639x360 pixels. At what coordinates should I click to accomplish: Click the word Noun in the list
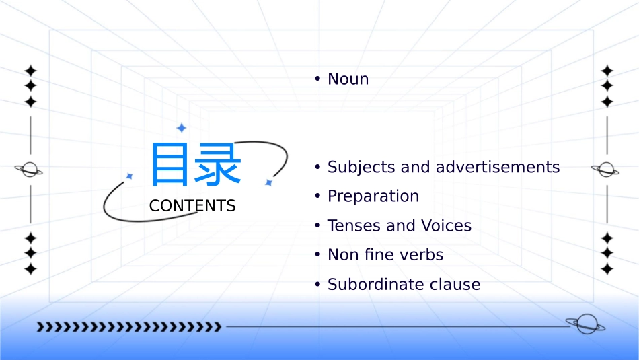click(x=348, y=79)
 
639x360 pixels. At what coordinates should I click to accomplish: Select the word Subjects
click(x=361, y=167)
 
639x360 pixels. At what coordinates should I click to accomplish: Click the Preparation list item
click(x=373, y=196)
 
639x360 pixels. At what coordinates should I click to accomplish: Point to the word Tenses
click(x=354, y=226)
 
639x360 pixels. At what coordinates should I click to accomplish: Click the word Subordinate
click(x=372, y=285)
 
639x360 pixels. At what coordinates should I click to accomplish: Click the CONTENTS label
click(x=192, y=206)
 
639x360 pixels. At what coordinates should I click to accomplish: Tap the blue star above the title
click(x=181, y=128)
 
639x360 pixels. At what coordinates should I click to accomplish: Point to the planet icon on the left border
click(x=29, y=170)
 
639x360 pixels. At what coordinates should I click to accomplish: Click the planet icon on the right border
click(x=605, y=170)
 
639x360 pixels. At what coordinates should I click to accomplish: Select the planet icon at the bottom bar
click(x=585, y=324)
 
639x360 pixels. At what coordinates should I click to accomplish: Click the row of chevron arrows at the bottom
click(x=128, y=328)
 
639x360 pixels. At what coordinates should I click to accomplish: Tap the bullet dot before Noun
click(x=317, y=79)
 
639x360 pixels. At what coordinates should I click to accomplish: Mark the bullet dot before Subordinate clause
click(x=317, y=285)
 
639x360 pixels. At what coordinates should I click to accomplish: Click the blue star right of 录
click(x=268, y=182)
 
